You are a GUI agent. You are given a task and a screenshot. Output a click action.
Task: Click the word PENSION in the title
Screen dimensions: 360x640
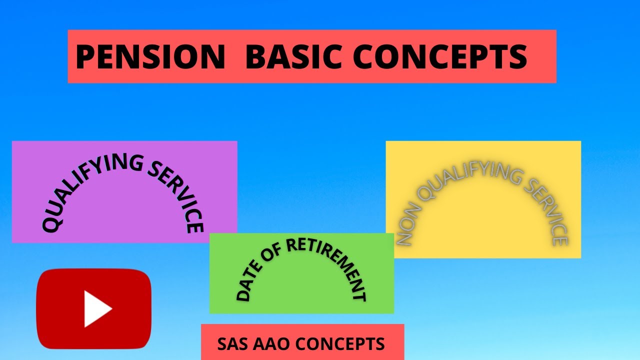click(150, 56)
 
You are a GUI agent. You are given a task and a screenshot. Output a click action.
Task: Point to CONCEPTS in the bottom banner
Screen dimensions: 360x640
click(340, 344)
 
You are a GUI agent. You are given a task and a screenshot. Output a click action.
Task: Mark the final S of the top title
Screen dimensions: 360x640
click(518, 56)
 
